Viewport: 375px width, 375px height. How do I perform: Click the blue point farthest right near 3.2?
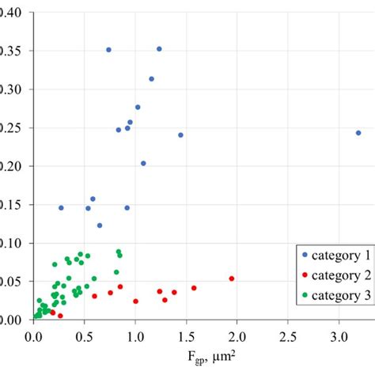[x=358, y=133]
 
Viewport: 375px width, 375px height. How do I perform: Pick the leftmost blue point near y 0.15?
[x=61, y=207]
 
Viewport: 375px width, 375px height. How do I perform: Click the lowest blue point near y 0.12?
[x=100, y=225]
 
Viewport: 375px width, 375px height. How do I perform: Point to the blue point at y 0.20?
[x=143, y=164]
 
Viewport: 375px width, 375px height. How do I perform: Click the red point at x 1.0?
[x=135, y=301]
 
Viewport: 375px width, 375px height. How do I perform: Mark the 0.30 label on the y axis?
[x=13, y=89]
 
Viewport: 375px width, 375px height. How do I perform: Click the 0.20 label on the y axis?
[x=13, y=165]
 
